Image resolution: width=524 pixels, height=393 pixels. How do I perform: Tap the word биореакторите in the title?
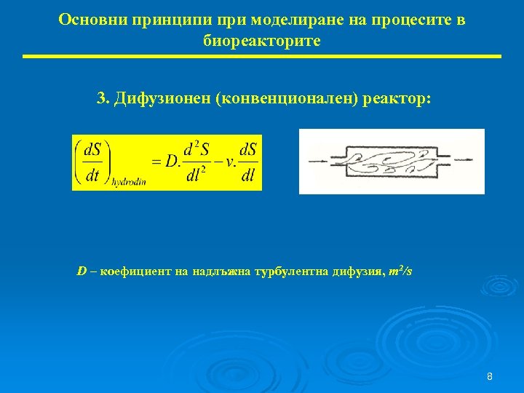261,41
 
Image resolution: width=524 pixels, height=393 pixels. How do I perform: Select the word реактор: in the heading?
398,98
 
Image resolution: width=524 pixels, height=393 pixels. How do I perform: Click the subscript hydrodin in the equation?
129,182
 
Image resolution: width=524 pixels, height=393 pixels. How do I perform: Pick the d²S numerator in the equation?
196,149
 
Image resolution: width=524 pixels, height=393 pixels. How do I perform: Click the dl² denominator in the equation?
196,175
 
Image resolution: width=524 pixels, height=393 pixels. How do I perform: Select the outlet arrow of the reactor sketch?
464,161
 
